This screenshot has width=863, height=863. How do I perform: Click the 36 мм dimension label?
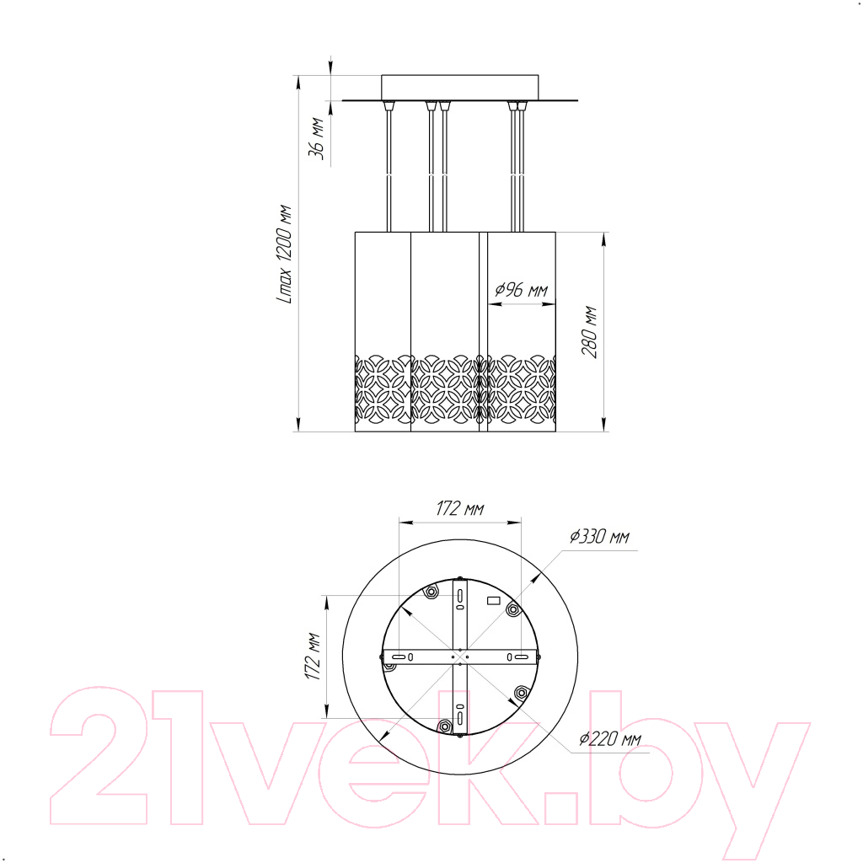pos(316,138)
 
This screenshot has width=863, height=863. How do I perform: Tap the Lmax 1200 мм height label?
pos(284,255)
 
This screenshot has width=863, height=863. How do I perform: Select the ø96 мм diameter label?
pos(521,290)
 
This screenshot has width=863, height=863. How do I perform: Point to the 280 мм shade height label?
pos(589,332)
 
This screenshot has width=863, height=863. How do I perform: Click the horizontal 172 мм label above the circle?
pos(460,508)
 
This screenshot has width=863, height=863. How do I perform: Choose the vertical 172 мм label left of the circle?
pos(314,656)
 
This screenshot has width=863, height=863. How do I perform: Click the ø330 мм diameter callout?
pos(599,536)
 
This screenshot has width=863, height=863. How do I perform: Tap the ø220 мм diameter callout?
pos(610,738)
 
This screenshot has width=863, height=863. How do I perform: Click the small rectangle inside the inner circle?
pos(494,600)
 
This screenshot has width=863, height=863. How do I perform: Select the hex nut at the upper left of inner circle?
pos(431,592)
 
